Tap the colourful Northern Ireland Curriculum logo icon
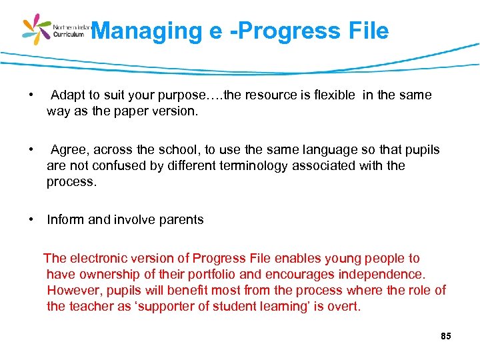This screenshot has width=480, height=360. pyautogui.click(x=37, y=29)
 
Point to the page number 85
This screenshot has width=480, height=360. pyautogui.click(x=446, y=336)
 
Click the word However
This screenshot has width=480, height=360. pyautogui.click(x=72, y=291)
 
